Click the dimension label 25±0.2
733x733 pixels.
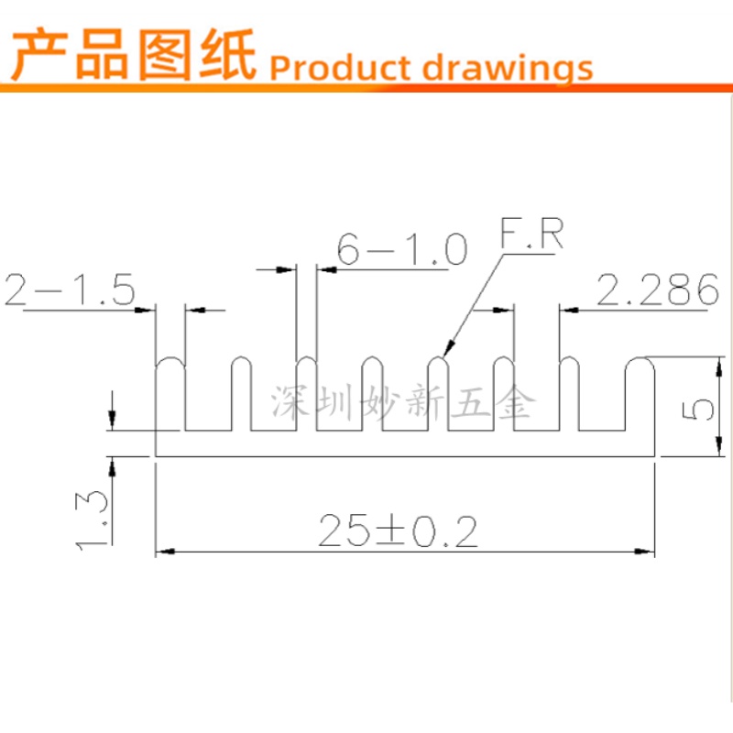coord(398,531)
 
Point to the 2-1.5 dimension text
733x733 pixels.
coord(70,290)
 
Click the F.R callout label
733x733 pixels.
coord(531,235)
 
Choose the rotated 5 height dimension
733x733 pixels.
coord(698,407)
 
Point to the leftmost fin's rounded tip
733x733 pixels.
coord(170,363)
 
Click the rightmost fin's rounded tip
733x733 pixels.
coord(640,363)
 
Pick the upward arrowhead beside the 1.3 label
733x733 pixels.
coord(113,464)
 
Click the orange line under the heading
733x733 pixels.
coord(366,88)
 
